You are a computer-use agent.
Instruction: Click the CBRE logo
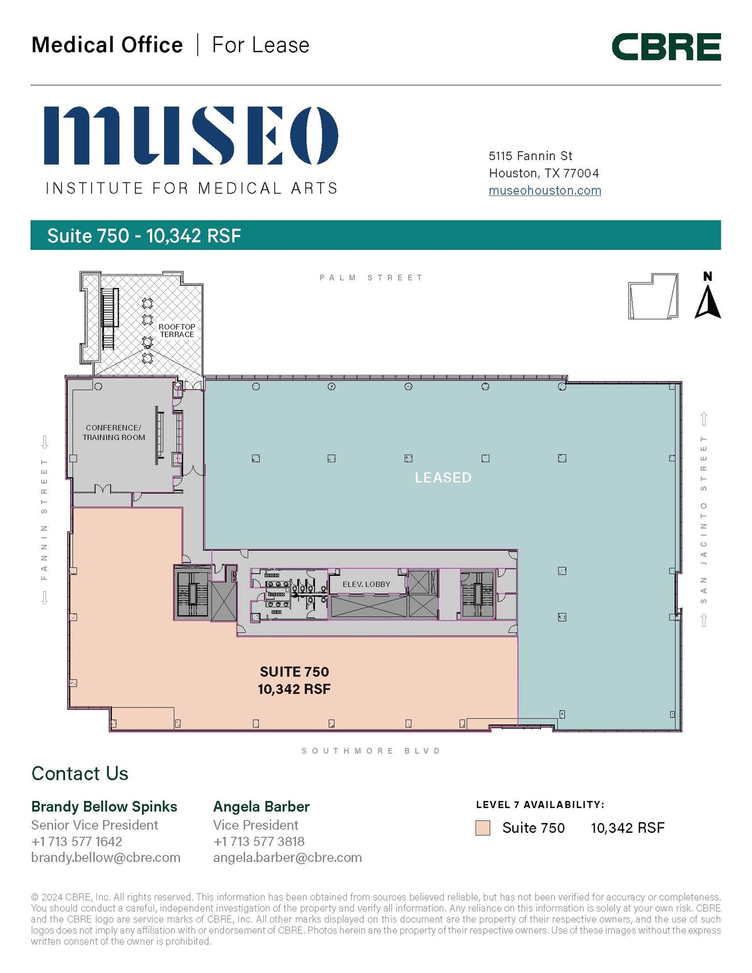[x=666, y=47]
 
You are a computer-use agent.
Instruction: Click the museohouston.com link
[x=545, y=191]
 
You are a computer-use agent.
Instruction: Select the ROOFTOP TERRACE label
[x=177, y=331]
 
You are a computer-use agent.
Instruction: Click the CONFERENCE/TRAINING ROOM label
[x=114, y=433]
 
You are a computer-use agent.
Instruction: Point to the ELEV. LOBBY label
[x=366, y=584]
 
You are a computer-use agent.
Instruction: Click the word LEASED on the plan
[x=443, y=477]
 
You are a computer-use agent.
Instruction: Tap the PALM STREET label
[x=371, y=277]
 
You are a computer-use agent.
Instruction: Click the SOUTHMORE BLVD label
[x=371, y=751]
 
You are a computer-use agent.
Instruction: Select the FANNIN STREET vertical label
[x=44, y=519]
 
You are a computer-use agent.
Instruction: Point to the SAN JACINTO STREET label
[x=704, y=519]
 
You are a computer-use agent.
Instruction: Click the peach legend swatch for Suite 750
[x=483, y=828]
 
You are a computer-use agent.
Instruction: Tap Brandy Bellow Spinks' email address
[x=105, y=858]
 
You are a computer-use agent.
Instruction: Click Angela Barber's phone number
[x=259, y=841]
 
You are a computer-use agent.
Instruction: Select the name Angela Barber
[x=261, y=807]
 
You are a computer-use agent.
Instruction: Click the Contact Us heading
[x=80, y=773]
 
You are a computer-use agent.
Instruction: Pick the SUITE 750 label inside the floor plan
[x=294, y=672]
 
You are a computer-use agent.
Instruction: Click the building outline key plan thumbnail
[x=653, y=296]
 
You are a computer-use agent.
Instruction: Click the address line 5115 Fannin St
[x=530, y=156]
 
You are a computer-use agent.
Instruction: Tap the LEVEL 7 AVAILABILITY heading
[x=540, y=805]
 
